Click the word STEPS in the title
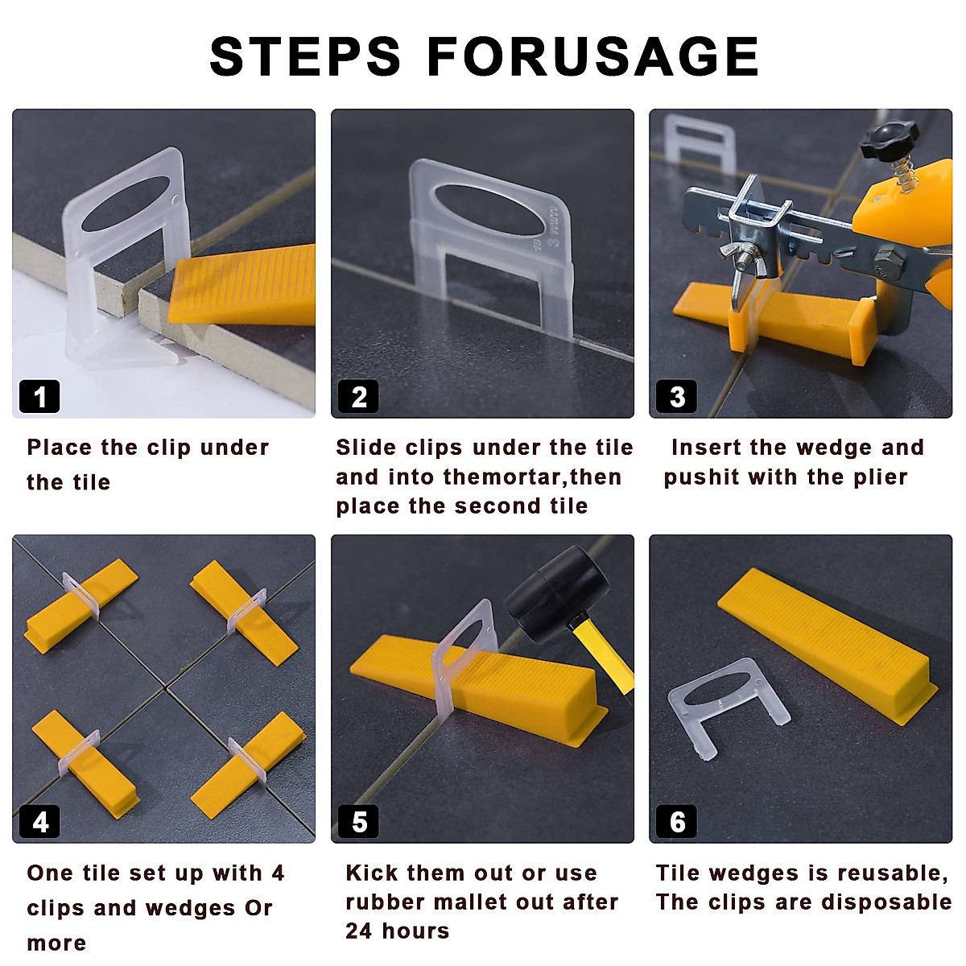[x=305, y=56]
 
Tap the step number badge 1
[x=39, y=397]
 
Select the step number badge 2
[x=358, y=397]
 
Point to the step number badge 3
[x=677, y=397]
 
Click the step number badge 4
[x=39, y=822]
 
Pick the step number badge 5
[x=358, y=822]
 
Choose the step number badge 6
[x=677, y=822]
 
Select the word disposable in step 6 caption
[x=886, y=903]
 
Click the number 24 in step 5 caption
[x=359, y=931]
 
